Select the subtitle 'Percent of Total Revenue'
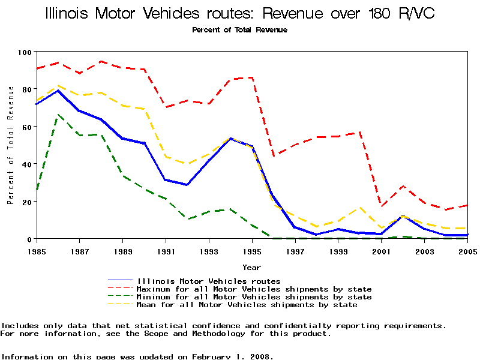239,30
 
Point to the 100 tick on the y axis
25,52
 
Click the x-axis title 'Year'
251,267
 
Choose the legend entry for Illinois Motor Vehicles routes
209,281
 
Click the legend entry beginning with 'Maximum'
254,289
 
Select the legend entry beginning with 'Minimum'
254,296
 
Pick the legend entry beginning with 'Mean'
247,305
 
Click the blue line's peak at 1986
58,91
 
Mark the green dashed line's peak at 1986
58,115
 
